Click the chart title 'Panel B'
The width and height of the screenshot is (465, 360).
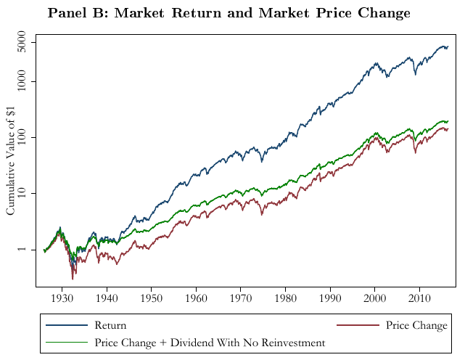(229, 13)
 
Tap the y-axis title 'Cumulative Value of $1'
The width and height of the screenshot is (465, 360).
(11, 160)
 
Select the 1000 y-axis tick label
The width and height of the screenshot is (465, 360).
(27, 81)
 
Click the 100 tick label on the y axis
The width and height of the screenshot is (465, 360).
(27, 137)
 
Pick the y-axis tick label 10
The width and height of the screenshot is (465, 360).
(27, 193)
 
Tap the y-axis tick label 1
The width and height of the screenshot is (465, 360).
(27, 249)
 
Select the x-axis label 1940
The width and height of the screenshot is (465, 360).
(107, 298)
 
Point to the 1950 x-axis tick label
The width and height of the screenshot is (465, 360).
(152, 298)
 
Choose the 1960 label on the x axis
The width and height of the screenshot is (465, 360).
(196, 298)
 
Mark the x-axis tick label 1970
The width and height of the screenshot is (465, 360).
(241, 298)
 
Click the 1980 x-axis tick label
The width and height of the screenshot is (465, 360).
(285, 298)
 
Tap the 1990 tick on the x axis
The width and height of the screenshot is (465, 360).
(330, 298)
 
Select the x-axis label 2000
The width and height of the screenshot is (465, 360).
(374, 298)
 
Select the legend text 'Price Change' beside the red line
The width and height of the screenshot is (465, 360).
(416, 326)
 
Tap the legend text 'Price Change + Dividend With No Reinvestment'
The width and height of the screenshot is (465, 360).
(210, 342)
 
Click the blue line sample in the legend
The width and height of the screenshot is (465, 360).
(67, 326)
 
